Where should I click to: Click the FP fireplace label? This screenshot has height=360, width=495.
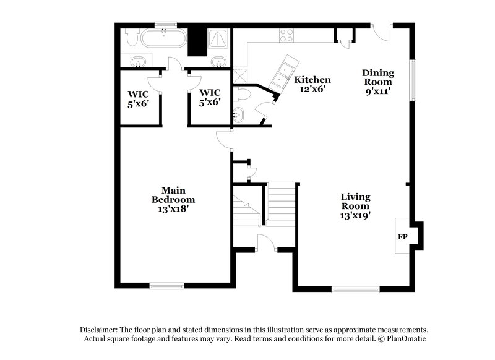[403, 237]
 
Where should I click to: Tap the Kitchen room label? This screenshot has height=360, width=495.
[312, 80]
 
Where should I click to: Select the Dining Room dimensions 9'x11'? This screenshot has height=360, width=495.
[378, 91]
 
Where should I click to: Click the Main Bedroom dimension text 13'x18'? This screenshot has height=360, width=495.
[173, 209]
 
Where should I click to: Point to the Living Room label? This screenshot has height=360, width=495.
[356, 197]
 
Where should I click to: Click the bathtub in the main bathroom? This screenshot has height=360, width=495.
[163, 40]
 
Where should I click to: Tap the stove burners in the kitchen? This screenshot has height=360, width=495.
[286, 35]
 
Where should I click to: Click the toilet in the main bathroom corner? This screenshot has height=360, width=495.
[131, 38]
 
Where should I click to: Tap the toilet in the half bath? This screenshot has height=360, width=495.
[243, 95]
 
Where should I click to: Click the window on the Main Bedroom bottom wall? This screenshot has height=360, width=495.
[166, 286]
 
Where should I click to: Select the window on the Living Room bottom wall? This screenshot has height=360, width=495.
[356, 289]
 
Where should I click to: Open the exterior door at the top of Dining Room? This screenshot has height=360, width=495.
[382, 32]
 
